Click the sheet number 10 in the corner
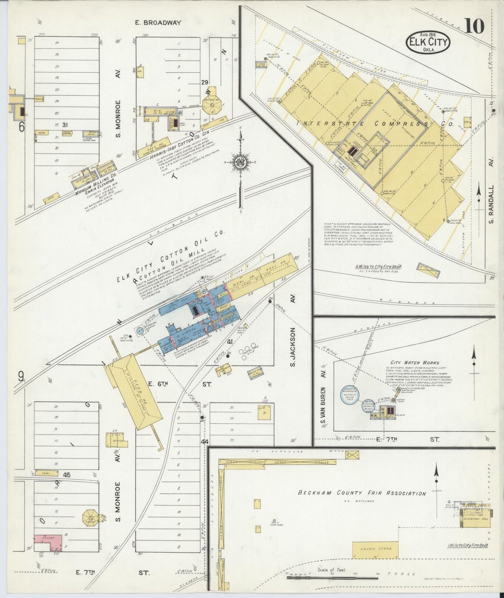(474, 26)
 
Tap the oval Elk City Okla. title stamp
(428, 43)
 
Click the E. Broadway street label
(158, 23)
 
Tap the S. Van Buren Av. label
(323, 408)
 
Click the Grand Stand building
(375, 551)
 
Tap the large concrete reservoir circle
(351, 395)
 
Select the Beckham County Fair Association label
(362, 493)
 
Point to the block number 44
(205, 442)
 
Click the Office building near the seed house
(120, 440)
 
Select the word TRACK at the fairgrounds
(407, 574)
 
